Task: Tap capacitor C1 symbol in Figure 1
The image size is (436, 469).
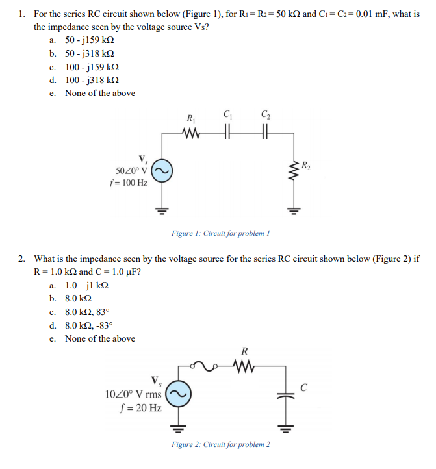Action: pos(227,135)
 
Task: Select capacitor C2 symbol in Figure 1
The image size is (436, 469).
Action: pos(264,135)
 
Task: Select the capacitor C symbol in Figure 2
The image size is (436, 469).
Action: pos(285,396)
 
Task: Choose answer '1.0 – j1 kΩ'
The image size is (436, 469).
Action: pos(87,285)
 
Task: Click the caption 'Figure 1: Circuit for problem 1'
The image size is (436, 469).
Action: pos(220,233)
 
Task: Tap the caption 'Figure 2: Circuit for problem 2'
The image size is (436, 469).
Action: pos(221,444)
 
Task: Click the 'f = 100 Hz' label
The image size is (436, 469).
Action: pos(129,183)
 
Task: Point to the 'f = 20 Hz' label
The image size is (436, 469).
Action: pos(141,407)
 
